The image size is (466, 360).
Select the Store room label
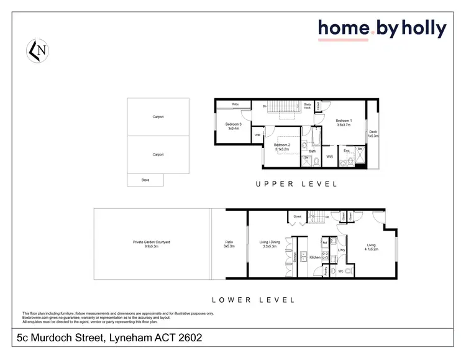pyautogui.click(x=145, y=180)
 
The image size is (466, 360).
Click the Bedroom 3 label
pyautogui.click(x=234, y=124)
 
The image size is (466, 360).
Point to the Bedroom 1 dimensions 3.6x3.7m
pyautogui.click(x=344, y=125)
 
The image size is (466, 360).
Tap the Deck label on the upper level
pyautogui.click(x=373, y=132)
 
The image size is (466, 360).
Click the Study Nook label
pyautogui.click(x=308, y=106)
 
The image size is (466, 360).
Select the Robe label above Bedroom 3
pyautogui.click(x=235, y=104)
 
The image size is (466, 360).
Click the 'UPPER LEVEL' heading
pyautogui.click(x=296, y=184)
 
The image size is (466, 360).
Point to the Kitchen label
pyautogui.click(x=314, y=257)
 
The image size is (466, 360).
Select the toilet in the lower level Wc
pyautogui.click(x=348, y=272)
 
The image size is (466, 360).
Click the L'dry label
pyautogui.click(x=341, y=249)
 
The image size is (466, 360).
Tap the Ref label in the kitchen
pyautogui.click(x=324, y=242)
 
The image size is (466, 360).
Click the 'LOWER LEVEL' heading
pyautogui.click(x=253, y=300)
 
